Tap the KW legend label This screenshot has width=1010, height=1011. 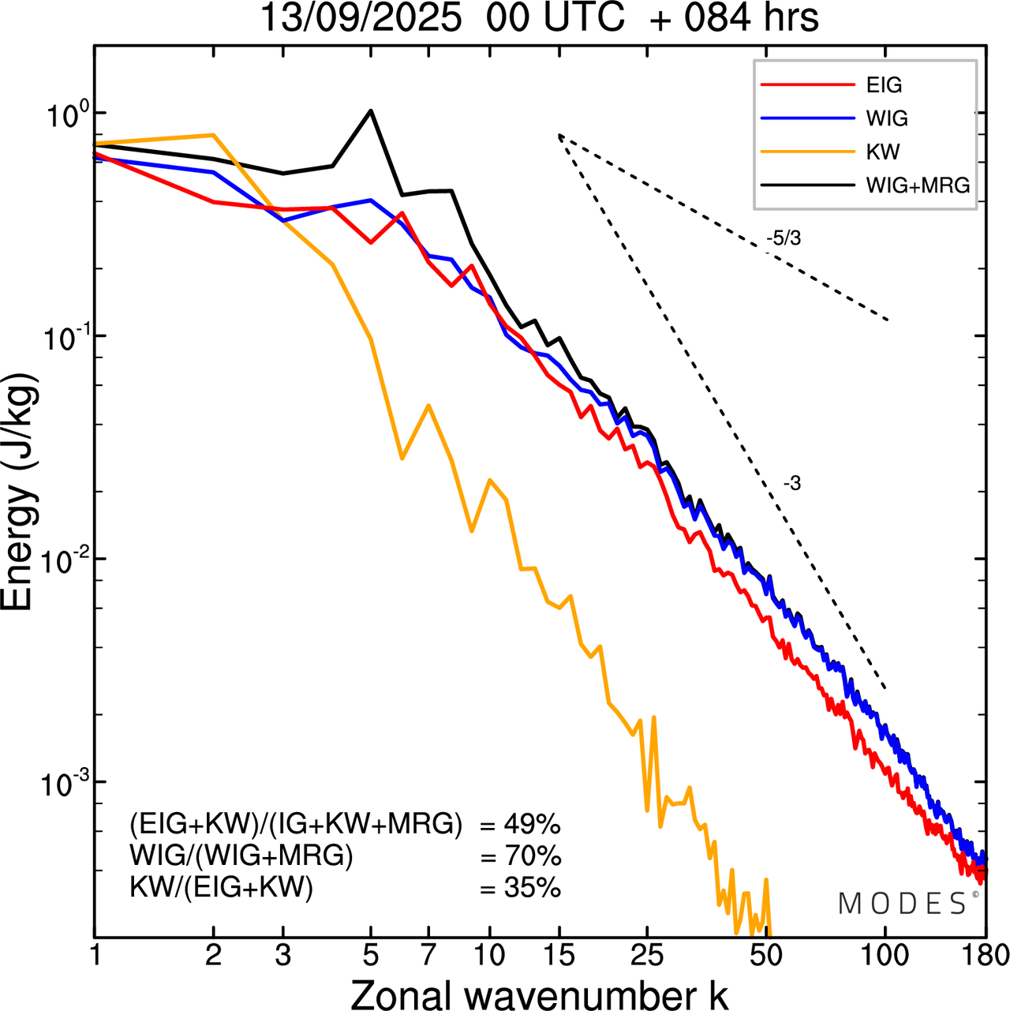click(x=883, y=152)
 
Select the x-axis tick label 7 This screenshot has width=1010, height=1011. click(x=428, y=955)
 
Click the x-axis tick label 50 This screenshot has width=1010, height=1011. click(x=765, y=955)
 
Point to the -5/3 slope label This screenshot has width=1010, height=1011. click(x=784, y=238)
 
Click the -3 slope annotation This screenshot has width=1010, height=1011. click(x=792, y=484)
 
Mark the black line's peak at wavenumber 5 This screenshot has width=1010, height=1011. click(x=371, y=110)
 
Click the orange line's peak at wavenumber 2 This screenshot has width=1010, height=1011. click(x=213, y=135)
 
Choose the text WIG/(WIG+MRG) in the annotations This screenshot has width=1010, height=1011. click(x=241, y=856)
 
